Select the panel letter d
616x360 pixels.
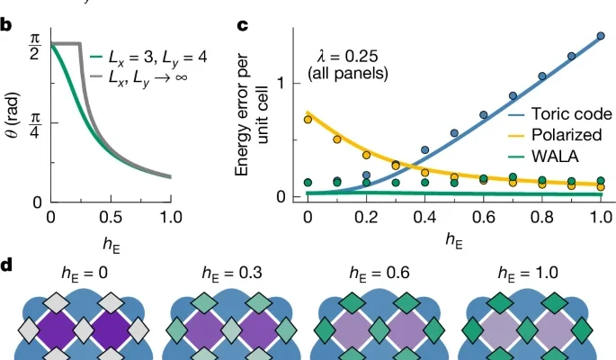click(7, 267)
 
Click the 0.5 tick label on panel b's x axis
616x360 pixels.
click(110, 218)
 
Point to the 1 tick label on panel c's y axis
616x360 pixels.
click(281, 84)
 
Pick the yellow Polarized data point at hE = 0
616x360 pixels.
click(308, 119)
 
